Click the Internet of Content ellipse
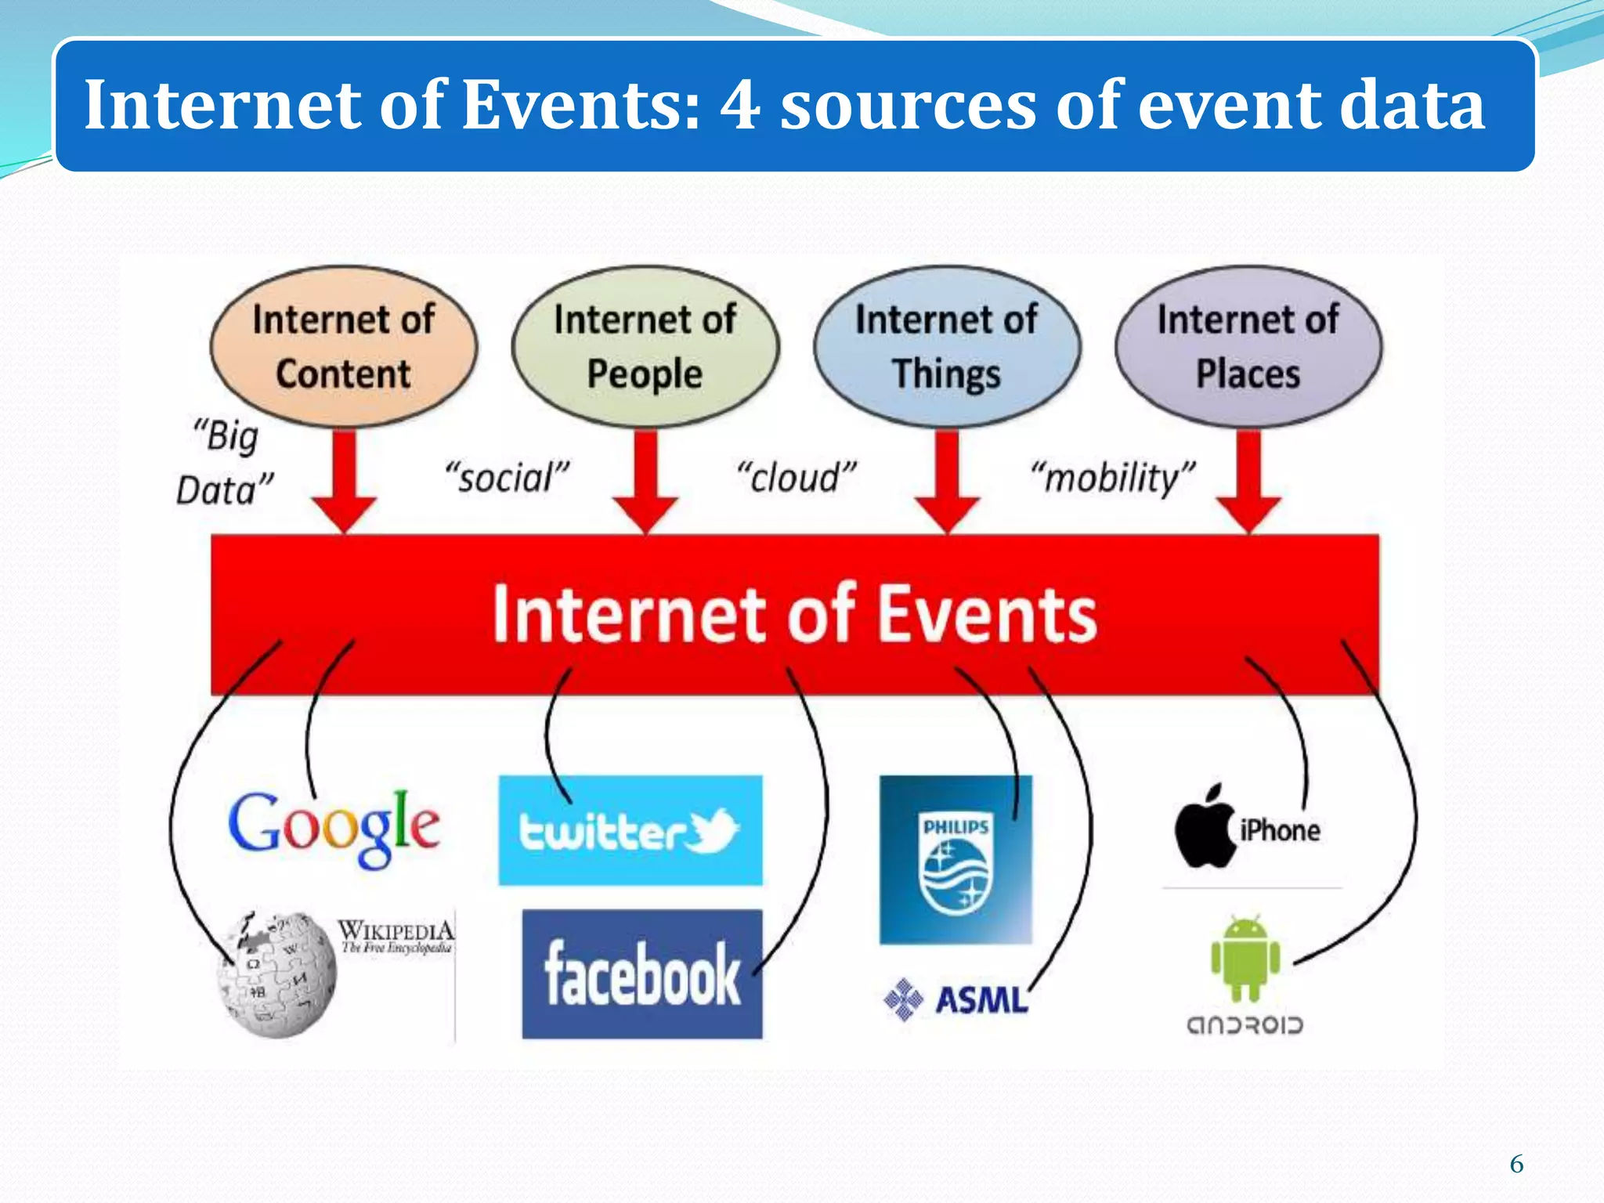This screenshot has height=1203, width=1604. (x=343, y=346)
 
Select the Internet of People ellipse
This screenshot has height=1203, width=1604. (x=645, y=346)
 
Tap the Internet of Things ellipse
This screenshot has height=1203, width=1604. (x=947, y=346)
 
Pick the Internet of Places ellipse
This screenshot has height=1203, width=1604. (x=1248, y=346)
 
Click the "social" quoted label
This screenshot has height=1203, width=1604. (x=507, y=477)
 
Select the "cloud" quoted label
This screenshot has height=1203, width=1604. (x=797, y=477)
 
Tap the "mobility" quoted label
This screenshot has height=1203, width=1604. (x=1113, y=477)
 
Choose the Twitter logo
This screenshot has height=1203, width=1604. (x=630, y=831)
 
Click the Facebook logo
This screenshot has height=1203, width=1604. (x=642, y=974)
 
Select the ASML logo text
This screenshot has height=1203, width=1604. (x=981, y=1000)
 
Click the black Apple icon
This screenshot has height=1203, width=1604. (x=1204, y=829)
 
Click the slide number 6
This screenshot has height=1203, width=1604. (x=1516, y=1164)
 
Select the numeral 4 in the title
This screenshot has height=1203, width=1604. (x=739, y=105)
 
